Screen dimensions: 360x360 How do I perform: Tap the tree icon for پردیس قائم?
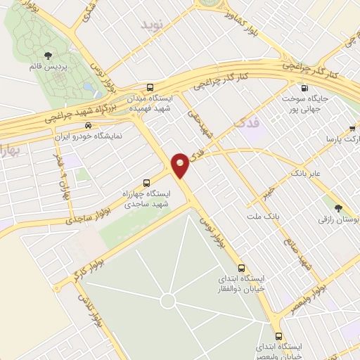47,55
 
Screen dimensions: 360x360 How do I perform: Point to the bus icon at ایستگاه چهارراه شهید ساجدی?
146,181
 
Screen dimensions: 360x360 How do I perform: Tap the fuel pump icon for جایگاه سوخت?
304,88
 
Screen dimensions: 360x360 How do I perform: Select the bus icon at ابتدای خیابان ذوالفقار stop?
242,268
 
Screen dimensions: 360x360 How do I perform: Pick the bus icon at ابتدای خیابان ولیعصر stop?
279,336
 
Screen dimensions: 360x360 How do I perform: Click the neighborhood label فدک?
243,124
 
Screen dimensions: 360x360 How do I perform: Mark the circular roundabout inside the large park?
167,301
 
